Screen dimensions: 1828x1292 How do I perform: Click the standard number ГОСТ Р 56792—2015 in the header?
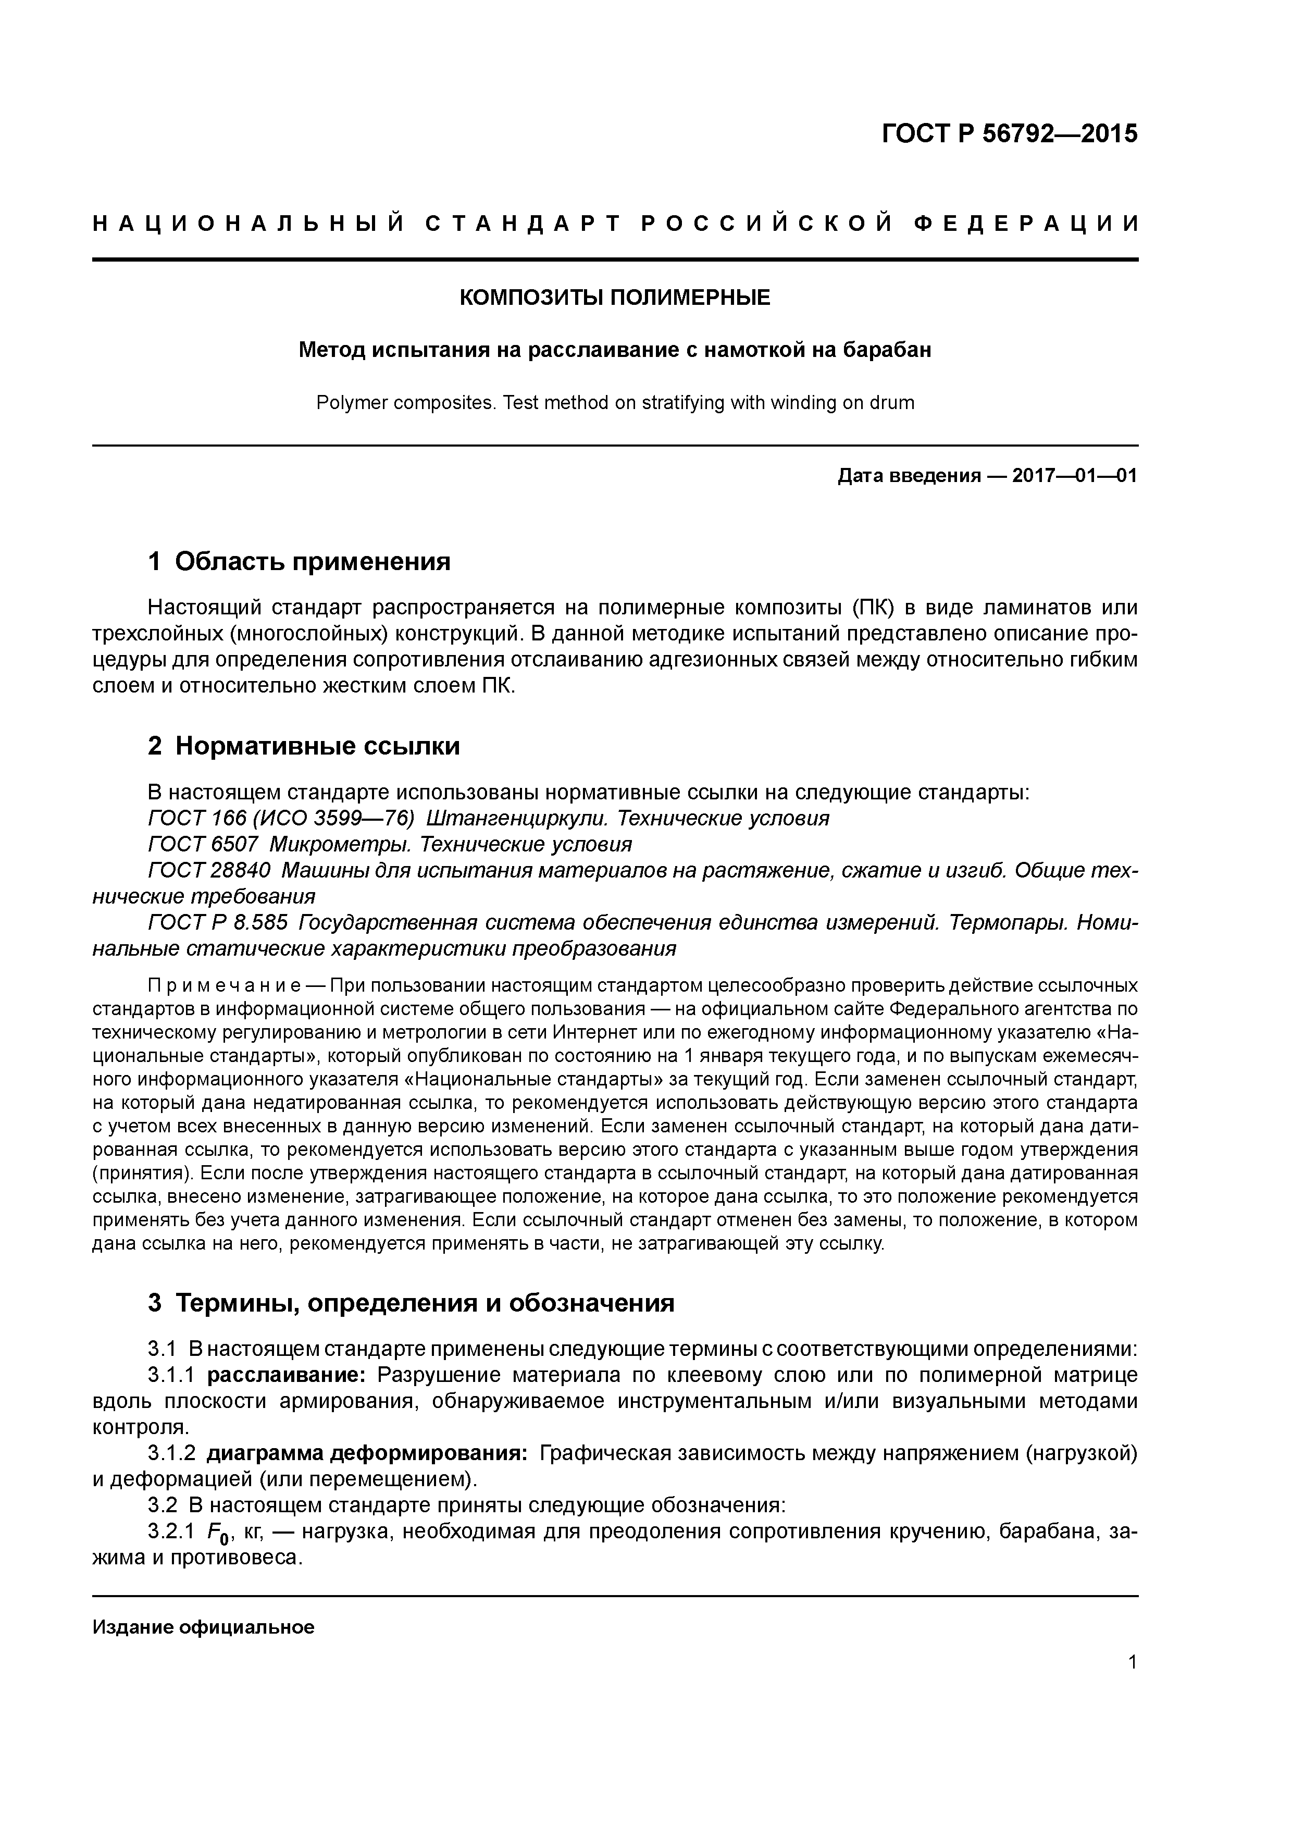click(1010, 134)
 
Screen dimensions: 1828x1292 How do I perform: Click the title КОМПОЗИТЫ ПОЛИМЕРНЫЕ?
click(615, 298)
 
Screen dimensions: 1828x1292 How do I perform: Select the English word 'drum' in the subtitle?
click(892, 403)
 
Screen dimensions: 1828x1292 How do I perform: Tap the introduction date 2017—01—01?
click(1075, 476)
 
